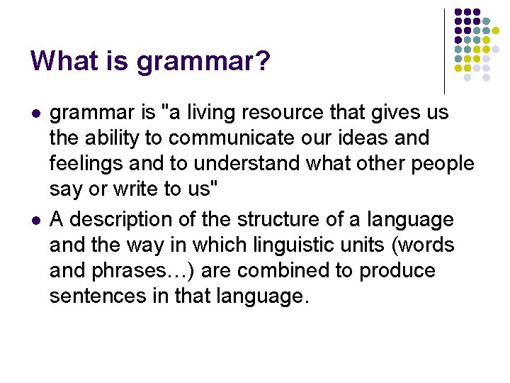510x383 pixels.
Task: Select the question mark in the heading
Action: [263, 62]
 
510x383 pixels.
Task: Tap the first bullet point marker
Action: [36, 113]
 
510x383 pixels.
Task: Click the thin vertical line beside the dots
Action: [444, 50]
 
